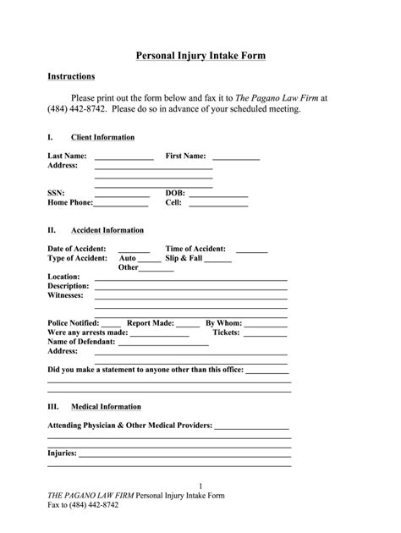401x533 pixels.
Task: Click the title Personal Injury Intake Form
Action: point(201,56)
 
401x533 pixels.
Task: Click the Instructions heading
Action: point(71,76)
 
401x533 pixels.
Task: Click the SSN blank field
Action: point(122,195)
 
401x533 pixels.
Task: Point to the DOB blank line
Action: point(218,195)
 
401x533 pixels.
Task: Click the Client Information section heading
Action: point(102,137)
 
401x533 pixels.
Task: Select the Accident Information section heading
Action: point(107,230)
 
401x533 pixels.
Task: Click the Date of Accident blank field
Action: point(129,251)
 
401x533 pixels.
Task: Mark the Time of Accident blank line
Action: point(251,251)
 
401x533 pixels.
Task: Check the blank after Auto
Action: point(150,261)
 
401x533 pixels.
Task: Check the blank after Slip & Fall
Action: point(217,261)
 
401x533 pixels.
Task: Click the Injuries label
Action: point(62,453)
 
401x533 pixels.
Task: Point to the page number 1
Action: point(200,485)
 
